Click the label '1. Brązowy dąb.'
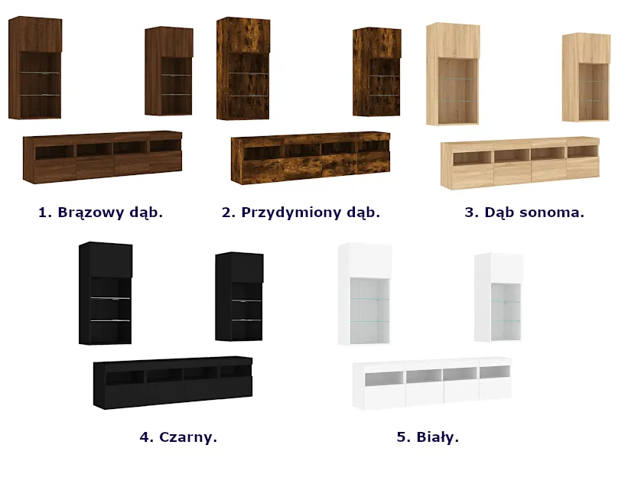(100, 213)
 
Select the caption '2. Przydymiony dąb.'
(301, 213)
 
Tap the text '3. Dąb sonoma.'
(525, 213)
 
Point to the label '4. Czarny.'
(178, 437)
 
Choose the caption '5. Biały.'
(428, 437)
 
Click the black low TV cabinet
(173, 382)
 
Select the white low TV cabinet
(432, 383)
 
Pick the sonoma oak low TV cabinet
(520, 163)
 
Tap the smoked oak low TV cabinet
(311, 157)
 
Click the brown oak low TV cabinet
(102, 157)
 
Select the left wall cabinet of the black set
(106, 294)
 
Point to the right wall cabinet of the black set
(239, 297)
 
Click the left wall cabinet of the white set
(365, 294)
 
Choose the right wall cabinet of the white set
(499, 297)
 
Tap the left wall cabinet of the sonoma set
(453, 73)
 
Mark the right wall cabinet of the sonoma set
(587, 77)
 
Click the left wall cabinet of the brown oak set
(35, 68)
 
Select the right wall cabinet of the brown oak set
(169, 71)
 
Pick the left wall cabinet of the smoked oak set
(243, 69)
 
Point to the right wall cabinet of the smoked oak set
(377, 72)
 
